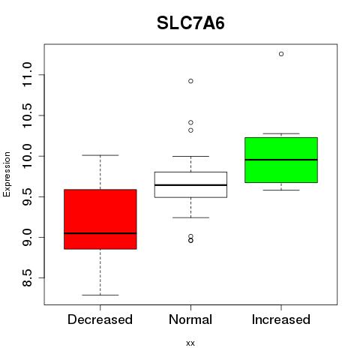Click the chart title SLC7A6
click(190, 23)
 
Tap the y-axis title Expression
click(7, 175)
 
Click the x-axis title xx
click(190, 343)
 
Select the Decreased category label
click(100, 319)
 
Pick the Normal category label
click(190, 319)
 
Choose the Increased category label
click(281, 319)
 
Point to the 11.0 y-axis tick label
click(27, 75)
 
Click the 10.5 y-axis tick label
click(27, 115)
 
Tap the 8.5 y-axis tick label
click(27, 277)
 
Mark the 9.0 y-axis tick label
click(27, 237)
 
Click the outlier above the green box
click(281, 54)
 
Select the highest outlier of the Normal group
click(190, 81)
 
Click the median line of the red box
click(100, 233)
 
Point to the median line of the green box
click(281, 160)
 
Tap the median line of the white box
click(190, 185)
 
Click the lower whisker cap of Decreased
click(100, 295)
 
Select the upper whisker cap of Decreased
click(100, 155)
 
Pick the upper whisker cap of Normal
click(190, 156)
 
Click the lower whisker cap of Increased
click(281, 190)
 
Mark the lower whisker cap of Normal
click(190, 217)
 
